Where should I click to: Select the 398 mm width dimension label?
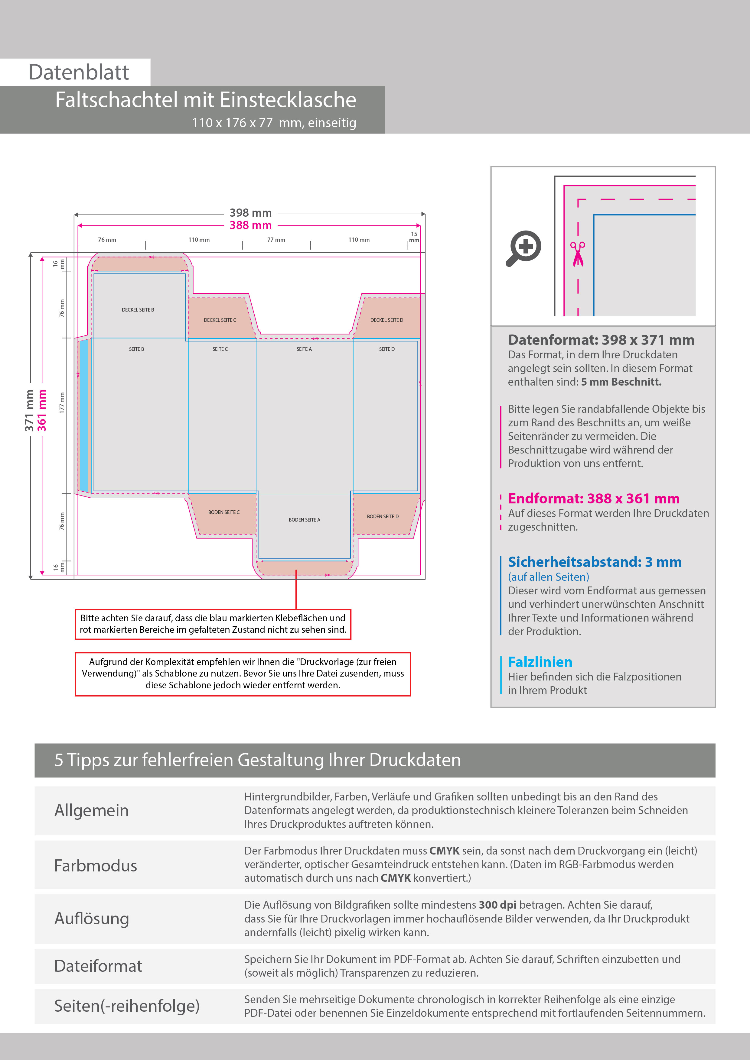(x=250, y=213)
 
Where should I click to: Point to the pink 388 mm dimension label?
(x=250, y=225)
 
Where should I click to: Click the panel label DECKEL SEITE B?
(x=138, y=310)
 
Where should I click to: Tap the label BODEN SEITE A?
(x=304, y=520)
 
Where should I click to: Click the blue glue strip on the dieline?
(x=84, y=415)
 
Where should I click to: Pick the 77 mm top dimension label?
(x=276, y=240)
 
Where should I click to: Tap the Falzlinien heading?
(x=540, y=662)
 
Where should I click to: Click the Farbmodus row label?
(x=96, y=866)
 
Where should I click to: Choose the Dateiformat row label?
(x=98, y=966)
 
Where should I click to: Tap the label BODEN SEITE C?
(x=224, y=512)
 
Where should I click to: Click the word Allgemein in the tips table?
(x=92, y=810)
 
